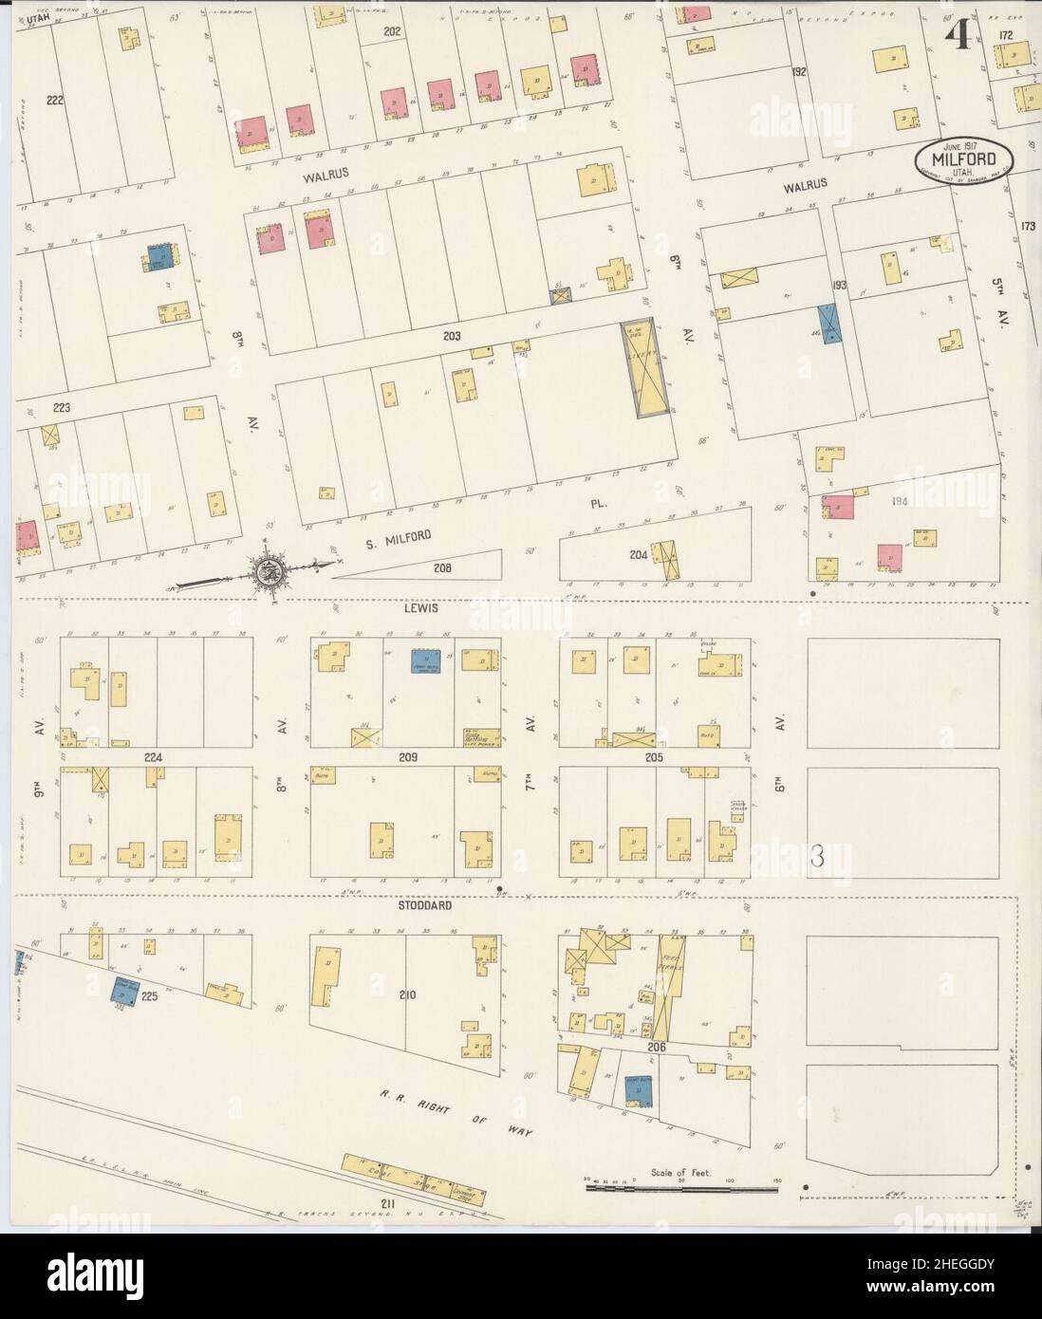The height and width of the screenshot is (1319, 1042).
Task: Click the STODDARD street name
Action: click(424, 905)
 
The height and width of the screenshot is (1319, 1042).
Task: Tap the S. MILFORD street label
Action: click(398, 538)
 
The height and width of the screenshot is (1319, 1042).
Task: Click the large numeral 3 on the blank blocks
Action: click(815, 856)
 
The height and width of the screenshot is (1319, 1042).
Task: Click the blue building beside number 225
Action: click(123, 991)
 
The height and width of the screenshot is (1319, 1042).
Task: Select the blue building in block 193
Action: click(830, 323)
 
